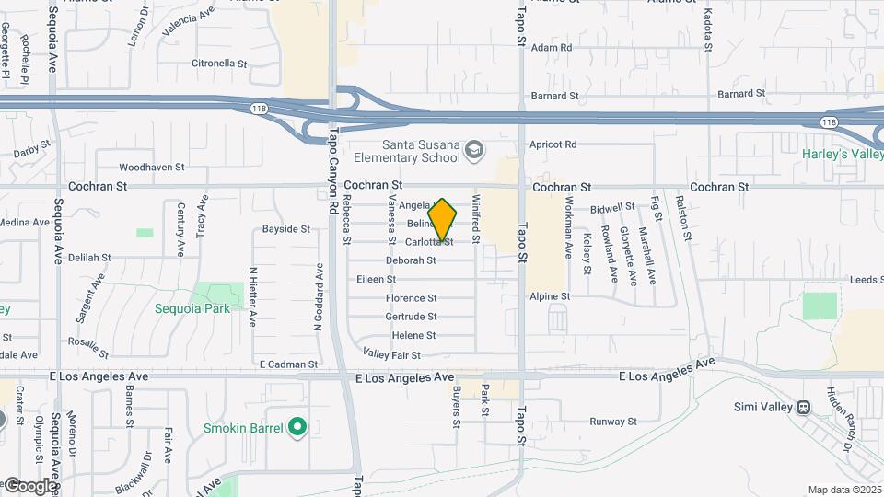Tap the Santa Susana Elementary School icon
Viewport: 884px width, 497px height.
pos(473,149)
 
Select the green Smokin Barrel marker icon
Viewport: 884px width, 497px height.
pos(297,427)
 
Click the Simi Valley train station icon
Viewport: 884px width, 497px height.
pos(803,407)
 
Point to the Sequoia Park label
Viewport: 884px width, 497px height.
pos(192,309)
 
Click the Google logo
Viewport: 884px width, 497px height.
pos(29,485)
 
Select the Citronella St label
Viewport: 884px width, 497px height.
pos(219,64)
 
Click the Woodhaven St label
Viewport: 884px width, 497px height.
pos(153,168)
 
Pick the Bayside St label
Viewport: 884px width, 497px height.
pos(286,228)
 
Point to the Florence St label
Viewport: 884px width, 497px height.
pos(411,298)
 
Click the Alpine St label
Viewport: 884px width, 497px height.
pos(551,296)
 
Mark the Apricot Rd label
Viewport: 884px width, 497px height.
pos(552,144)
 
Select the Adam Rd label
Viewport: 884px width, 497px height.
pos(552,47)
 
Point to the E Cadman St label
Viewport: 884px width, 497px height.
pos(288,364)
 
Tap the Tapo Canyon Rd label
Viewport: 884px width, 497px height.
pos(334,166)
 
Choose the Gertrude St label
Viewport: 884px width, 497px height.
pos(411,317)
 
